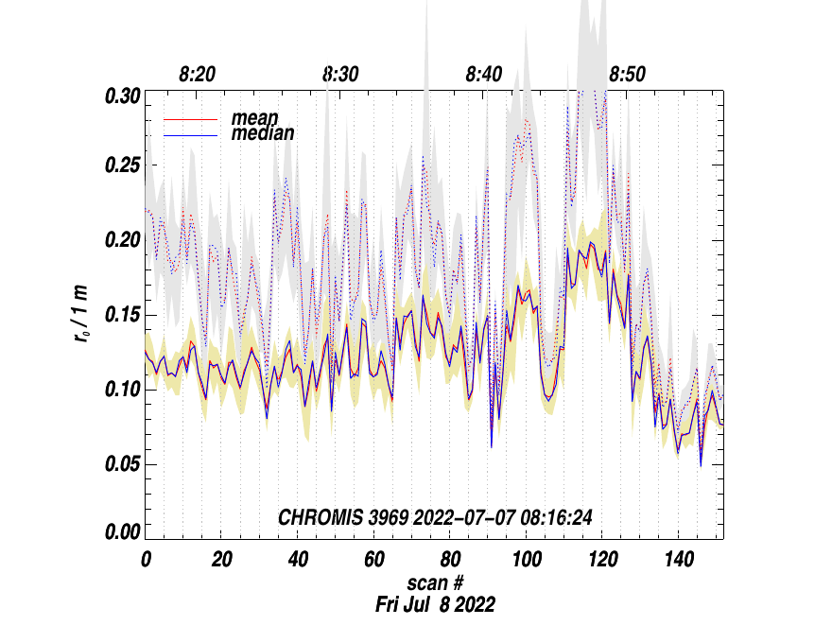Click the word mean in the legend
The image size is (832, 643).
coord(254,118)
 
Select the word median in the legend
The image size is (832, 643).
coord(263,133)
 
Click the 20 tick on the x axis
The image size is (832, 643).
coord(221,559)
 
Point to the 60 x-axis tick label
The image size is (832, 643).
coord(373,559)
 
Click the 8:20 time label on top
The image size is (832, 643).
coord(198,75)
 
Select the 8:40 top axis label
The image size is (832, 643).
coord(484,75)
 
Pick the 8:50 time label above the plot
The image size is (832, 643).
coord(627,75)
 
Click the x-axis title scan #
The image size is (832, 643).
coord(435,582)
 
